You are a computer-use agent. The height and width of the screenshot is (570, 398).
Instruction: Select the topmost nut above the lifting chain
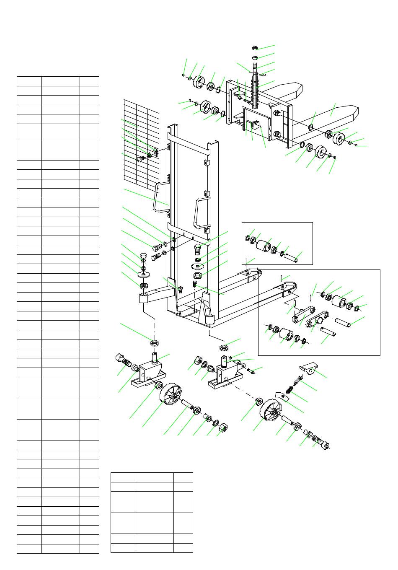255,48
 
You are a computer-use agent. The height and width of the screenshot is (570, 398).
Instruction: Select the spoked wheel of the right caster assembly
273,413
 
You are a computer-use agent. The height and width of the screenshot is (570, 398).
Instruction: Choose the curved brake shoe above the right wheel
280,396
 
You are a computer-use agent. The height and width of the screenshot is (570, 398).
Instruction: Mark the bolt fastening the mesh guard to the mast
141,159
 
